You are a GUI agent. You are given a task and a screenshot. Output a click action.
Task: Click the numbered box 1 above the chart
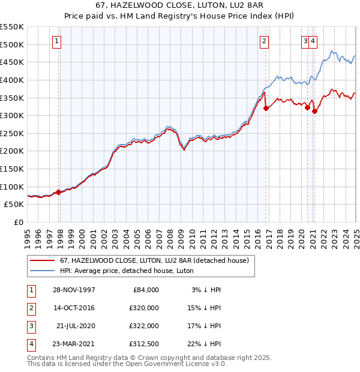point(56,41)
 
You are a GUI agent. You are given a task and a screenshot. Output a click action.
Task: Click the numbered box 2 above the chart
point(264,41)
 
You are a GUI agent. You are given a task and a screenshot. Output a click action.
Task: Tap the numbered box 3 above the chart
point(305,41)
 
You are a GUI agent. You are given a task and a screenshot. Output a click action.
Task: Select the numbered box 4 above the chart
point(314,41)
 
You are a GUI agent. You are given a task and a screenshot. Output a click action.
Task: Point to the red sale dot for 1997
point(59,192)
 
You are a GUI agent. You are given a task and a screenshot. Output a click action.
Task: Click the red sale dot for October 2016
point(266,108)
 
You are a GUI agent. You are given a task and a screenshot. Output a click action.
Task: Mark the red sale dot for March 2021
point(315,111)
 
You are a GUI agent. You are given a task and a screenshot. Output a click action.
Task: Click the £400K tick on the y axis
point(13,80)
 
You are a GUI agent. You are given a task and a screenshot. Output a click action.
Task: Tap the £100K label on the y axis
point(13,187)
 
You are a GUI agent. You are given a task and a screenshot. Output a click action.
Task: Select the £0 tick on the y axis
point(19,222)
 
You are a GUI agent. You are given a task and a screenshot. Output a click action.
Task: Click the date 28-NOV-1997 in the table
point(74,290)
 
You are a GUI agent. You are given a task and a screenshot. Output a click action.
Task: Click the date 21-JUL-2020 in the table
point(76,326)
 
